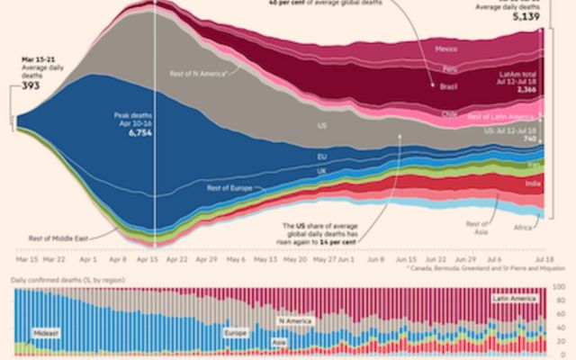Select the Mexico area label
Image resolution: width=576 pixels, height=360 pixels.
[x=445, y=48]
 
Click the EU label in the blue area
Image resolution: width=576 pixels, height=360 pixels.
[x=322, y=156]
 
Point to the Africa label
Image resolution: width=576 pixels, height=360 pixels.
[x=523, y=229]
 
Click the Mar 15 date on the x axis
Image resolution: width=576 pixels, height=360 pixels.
[x=27, y=258]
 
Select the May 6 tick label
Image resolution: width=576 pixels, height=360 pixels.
[x=236, y=258]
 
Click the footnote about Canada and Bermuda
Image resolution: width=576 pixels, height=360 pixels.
[x=479, y=268]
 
